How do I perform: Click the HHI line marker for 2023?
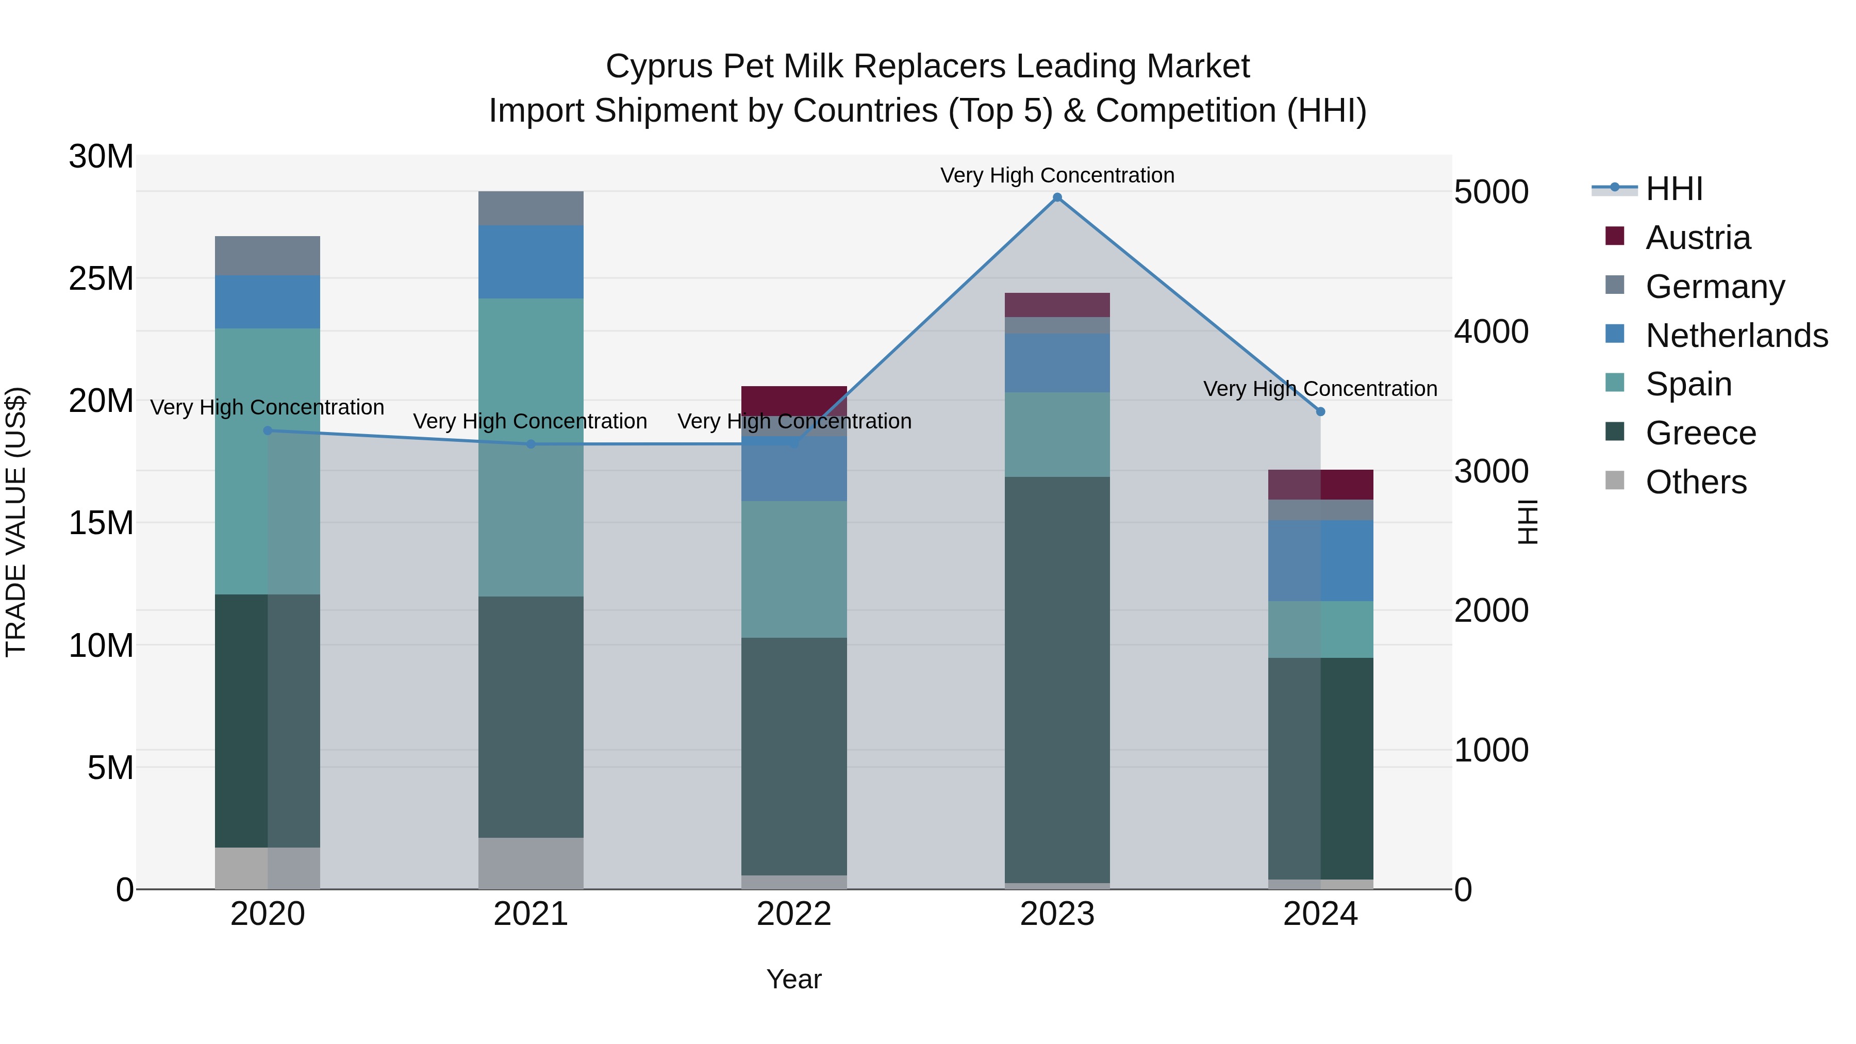tap(1057, 197)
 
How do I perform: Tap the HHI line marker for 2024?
tap(1320, 411)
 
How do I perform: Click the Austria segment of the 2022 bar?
tap(794, 400)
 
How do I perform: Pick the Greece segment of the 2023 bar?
tap(1057, 680)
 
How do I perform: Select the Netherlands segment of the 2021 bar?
tap(531, 261)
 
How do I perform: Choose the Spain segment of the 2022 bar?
tap(794, 569)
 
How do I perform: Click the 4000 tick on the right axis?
tap(1490, 332)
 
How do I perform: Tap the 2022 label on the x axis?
tap(794, 914)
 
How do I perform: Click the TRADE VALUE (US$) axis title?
tap(16, 522)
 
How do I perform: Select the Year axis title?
tap(794, 979)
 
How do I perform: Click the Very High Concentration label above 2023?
tap(1057, 175)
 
